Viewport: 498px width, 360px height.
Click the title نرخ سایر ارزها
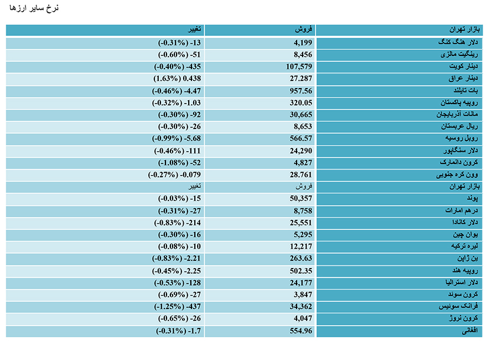point(34,8)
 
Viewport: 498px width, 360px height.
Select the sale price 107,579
point(299,67)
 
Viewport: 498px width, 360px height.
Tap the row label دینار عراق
point(463,78)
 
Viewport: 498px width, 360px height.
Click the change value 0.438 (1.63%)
point(177,79)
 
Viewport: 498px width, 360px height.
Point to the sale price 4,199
point(303,43)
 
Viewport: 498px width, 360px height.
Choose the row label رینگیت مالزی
point(459,54)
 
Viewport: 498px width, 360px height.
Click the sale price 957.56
point(301,91)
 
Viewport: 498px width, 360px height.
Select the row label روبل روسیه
point(461,138)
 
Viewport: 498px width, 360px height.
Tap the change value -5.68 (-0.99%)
point(177,138)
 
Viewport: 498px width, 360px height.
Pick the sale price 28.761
point(301,174)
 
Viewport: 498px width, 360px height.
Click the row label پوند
point(473,198)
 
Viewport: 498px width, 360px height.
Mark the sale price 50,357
point(301,198)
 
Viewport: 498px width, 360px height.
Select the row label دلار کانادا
point(465,222)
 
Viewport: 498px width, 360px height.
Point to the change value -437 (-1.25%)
point(178,307)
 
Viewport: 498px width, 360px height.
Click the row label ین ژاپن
point(468,258)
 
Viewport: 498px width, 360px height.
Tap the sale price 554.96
point(301,331)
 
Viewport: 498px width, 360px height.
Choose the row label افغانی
point(470,331)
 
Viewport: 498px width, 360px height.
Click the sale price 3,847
point(303,295)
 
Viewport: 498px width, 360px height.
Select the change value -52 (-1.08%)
point(179,163)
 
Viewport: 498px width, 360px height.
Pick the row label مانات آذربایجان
point(457,114)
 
